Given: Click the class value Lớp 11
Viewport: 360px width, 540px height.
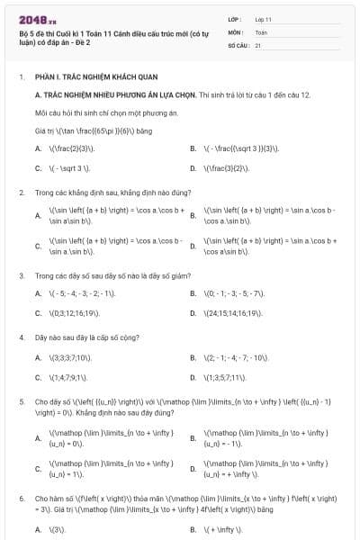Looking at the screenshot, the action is [263, 18].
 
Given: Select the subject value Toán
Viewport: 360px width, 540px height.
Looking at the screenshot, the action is [261, 31].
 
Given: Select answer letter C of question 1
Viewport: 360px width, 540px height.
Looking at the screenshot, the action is [38, 167].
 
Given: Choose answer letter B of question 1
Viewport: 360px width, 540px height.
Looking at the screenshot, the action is [193, 148].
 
